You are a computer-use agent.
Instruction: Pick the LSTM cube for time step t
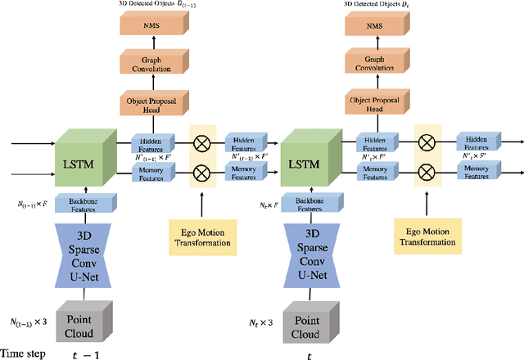pyautogui.click(x=309, y=159)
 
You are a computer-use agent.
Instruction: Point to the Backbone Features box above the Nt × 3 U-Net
pyautogui.click(x=309, y=205)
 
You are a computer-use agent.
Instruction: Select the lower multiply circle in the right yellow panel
pyautogui.click(x=426, y=172)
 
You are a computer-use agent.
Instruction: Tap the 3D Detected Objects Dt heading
pyautogui.click(x=376, y=5)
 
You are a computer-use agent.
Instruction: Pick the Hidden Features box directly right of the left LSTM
pyautogui.click(x=152, y=142)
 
